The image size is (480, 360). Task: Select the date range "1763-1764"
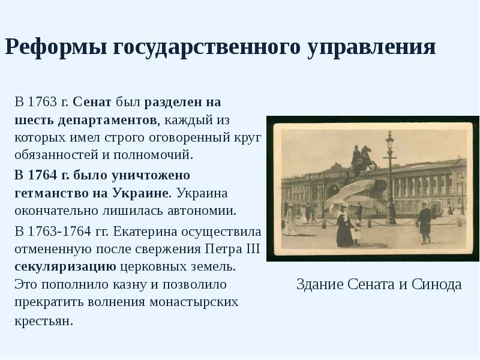62,231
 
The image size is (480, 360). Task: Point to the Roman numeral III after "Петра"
252,249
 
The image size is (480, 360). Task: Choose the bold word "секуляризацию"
65,266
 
